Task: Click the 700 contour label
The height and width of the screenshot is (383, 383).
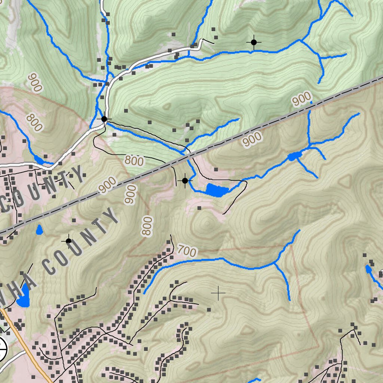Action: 187,251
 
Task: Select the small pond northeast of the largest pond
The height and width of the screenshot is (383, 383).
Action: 293,156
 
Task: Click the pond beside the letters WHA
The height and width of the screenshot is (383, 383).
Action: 23,295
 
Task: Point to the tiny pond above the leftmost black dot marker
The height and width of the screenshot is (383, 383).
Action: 39,229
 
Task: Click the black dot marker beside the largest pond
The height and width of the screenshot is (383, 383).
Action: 185,181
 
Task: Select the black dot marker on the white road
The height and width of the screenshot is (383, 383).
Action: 104,119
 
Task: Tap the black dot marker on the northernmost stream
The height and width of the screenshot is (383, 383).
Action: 254,42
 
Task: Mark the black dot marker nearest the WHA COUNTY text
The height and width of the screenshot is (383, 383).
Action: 68,241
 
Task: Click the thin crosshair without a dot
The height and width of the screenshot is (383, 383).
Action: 218,293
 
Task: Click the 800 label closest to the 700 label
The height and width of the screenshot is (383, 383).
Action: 148,226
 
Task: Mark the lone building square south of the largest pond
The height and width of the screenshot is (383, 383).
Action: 199,208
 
